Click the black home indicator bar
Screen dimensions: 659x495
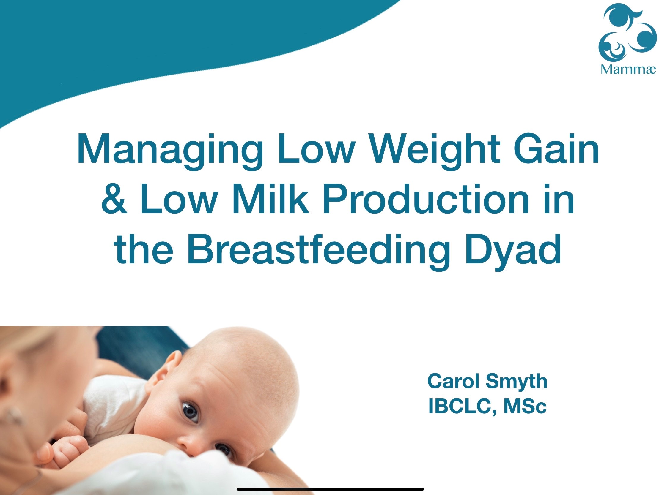(x=330, y=489)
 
